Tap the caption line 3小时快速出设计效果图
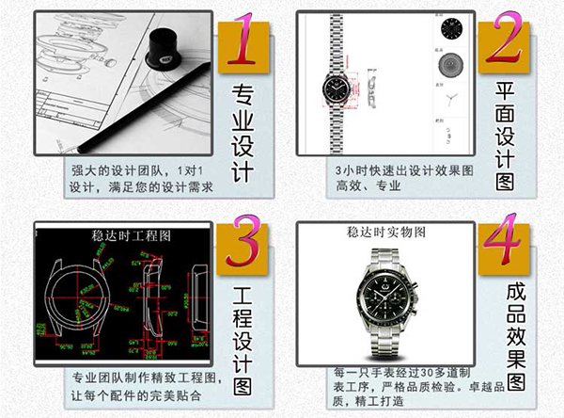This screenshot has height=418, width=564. (x=404, y=169)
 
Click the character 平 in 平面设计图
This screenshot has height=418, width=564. (x=506, y=90)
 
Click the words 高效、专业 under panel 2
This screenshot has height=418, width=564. (x=368, y=185)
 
